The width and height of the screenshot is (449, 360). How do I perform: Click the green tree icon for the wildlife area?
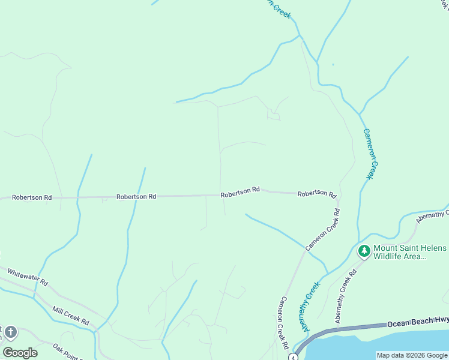(x=363, y=250)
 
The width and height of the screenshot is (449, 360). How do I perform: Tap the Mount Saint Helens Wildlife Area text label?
(x=410, y=252)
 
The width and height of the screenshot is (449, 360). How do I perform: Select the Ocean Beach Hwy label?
(x=417, y=323)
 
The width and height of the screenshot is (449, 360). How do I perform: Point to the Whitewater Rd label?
(x=27, y=277)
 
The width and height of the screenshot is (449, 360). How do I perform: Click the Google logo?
(x=20, y=353)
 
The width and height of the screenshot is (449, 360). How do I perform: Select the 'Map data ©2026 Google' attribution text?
(x=412, y=355)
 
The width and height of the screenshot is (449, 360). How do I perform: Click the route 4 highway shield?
(x=293, y=357)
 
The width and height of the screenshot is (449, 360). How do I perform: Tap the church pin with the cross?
(x=10, y=332)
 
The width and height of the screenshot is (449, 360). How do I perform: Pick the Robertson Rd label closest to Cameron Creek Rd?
(x=316, y=193)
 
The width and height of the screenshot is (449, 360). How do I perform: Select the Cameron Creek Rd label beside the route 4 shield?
(x=283, y=323)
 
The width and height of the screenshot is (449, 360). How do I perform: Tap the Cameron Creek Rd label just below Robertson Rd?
(x=323, y=229)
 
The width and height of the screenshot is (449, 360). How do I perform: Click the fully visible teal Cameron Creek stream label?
(x=372, y=154)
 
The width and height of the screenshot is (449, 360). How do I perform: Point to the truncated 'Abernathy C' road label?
(x=430, y=215)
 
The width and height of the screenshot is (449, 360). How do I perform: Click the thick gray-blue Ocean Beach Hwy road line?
(x=360, y=327)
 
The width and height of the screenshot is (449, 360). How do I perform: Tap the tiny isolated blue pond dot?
(x=333, y=64)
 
